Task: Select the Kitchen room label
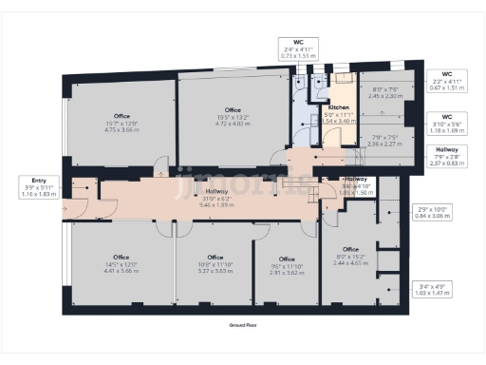coord(339,112)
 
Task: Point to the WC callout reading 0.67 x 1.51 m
coord(446,82)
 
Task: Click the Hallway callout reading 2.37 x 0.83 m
coord(446,156)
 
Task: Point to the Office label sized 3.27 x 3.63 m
coord(215,264)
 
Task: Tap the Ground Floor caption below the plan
coord(243,325)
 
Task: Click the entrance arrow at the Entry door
coord(63,208)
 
